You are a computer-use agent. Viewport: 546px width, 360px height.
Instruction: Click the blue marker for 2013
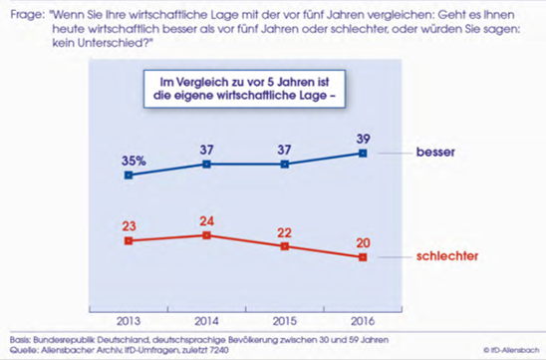129,175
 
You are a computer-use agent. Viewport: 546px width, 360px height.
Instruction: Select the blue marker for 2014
206,165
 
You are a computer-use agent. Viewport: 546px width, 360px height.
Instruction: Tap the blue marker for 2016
363,154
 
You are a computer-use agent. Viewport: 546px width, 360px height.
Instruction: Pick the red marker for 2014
206,235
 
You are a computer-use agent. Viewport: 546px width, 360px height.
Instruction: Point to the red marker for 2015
285,246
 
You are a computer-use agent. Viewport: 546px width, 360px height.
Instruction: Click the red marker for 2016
363,257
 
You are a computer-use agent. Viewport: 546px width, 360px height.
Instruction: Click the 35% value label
134,161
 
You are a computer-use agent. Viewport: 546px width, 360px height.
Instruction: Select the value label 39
363,139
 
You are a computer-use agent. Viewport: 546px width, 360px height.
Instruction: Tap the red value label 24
207,221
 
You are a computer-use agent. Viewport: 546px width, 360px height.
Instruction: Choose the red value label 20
363,242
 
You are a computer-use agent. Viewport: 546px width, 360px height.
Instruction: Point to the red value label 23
129,226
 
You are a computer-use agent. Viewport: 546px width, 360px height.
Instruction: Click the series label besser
435,152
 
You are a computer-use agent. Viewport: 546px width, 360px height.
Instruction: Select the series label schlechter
447,256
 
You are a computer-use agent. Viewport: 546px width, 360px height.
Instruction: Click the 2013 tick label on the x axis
129,321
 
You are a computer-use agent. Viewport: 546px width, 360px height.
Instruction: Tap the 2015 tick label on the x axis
285,321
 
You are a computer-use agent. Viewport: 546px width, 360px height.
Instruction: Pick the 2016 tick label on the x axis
363,321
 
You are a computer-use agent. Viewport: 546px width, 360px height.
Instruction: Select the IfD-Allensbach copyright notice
511,350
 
